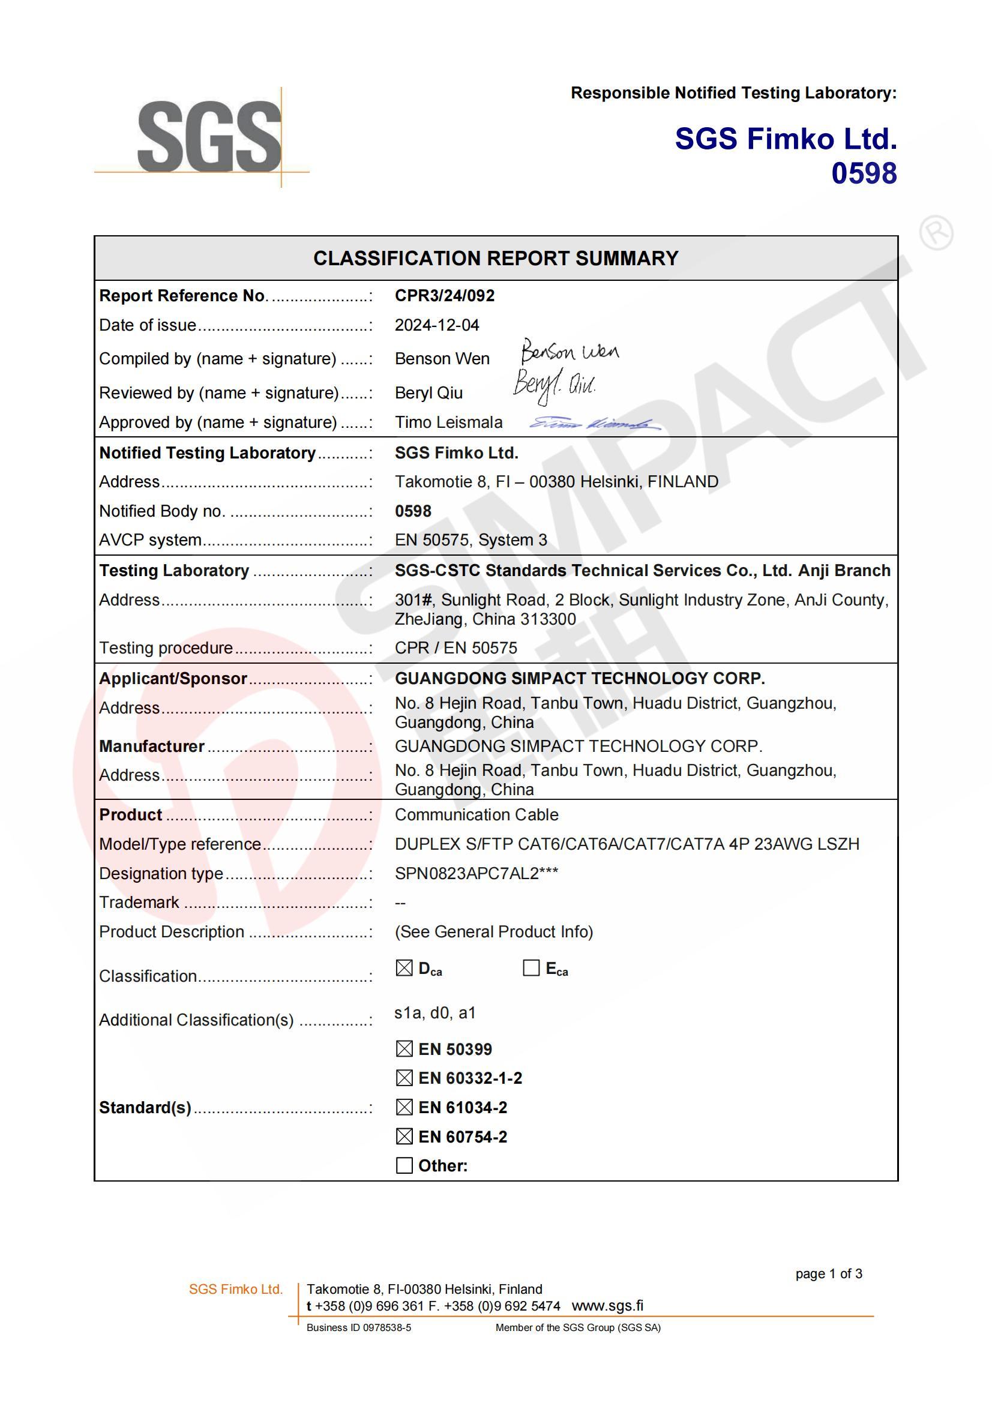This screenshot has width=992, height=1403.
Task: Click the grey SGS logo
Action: (x=208, y=137)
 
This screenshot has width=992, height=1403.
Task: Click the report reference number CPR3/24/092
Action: (x=444, y=296)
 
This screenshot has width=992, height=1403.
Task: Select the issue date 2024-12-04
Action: (x=436, y=325)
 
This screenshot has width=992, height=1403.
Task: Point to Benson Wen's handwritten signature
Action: (x=569, y=352)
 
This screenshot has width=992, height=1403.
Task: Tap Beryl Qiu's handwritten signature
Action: (x=554, y=385)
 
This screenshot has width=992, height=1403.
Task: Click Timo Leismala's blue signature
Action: (x=594, y=424)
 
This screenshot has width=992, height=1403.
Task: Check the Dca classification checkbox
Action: (x=404, y=968)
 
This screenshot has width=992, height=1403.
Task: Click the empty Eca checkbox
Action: (x=531, y=968)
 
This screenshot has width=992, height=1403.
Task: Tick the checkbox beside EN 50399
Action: (x=404, y=1049)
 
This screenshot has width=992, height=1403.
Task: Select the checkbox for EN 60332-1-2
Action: (x=404, y=1078)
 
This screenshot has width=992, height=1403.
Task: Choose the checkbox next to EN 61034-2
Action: (x=404, y=1107)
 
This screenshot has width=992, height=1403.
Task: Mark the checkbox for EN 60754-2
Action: (x=404, y=1137)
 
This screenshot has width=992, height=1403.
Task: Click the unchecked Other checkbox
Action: (x=404, y=1165)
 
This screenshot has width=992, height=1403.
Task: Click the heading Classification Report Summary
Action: (x=496, y=259)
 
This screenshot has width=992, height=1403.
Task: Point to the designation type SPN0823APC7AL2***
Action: (x=476, y=873)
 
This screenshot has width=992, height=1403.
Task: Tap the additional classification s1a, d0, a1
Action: (x=434, y=1013)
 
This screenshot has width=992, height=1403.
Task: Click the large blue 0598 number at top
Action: (x=864, y=173)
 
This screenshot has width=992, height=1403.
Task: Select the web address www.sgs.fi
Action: (x=607, y=1306)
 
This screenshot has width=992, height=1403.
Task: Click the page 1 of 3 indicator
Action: (x=828, y=1273)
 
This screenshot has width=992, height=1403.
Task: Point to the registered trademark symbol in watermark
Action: (x=936, y=232)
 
